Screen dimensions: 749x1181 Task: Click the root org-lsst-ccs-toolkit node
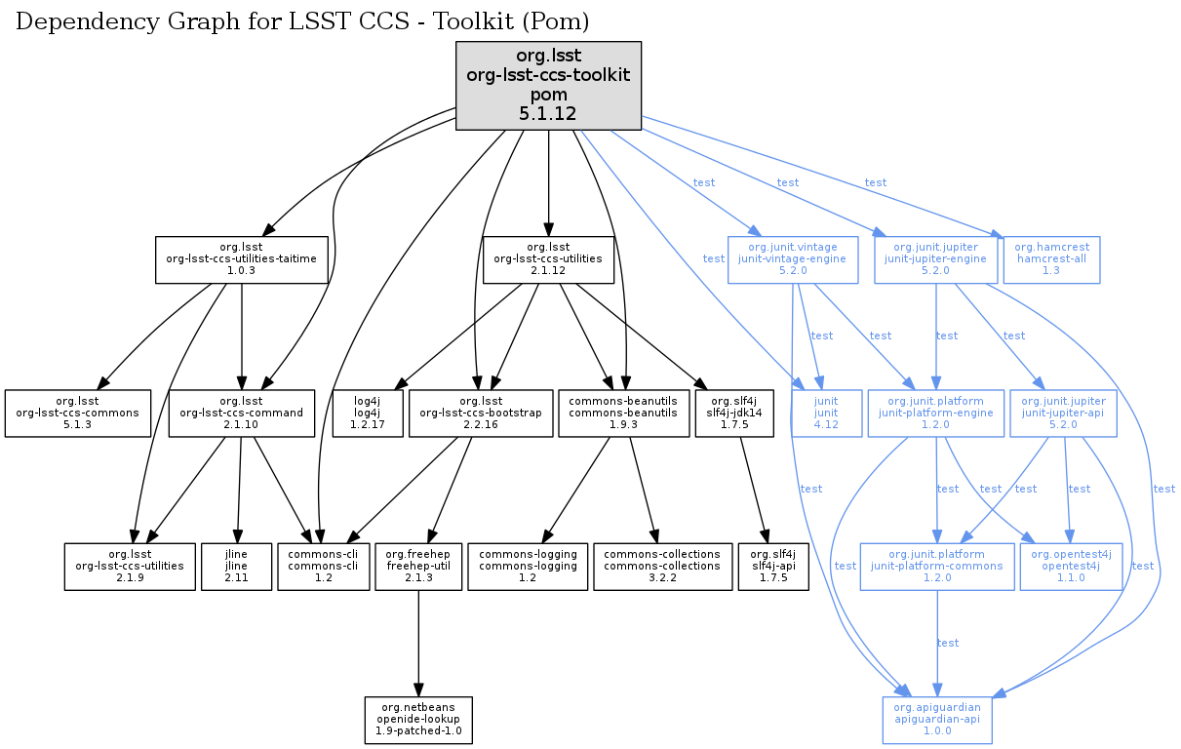click(548, 86)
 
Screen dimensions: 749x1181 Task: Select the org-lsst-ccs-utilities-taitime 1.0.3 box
click(241, 259)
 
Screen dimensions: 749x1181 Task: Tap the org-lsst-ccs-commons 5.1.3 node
click(78, 414)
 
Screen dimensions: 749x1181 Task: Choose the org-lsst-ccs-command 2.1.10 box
click(241, 414)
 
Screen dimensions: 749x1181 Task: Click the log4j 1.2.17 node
click(367, 414)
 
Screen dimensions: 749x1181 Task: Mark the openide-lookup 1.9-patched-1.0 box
click(418, 721)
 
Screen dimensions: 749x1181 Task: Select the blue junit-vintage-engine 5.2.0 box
click(793, 259)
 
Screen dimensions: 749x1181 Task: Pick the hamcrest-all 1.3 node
click(1051, 259)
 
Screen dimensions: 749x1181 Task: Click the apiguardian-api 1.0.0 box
click(937, 721)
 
